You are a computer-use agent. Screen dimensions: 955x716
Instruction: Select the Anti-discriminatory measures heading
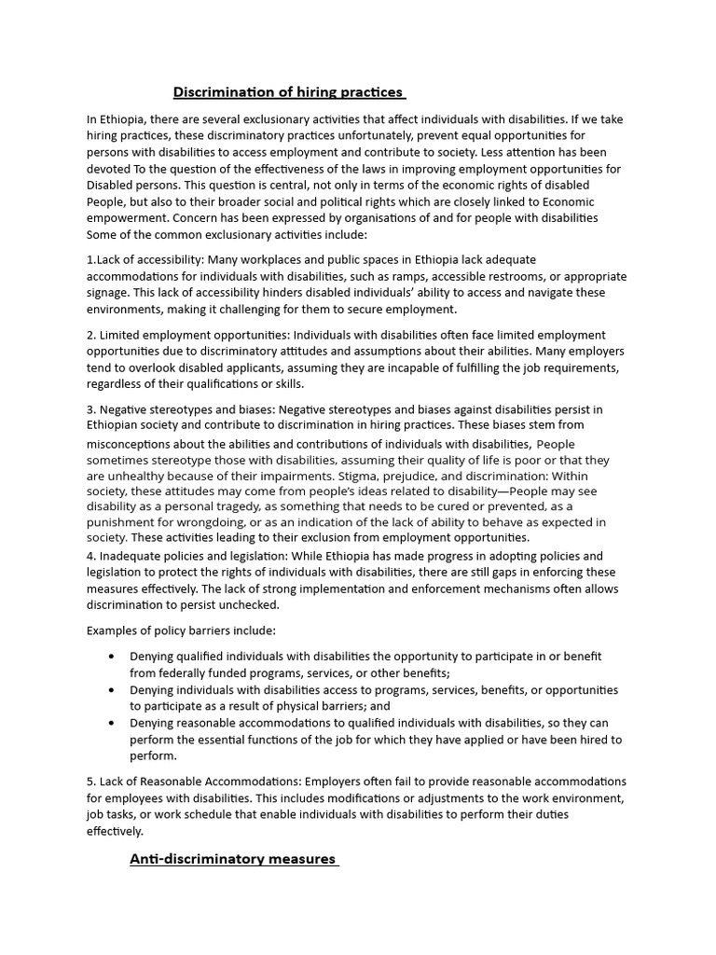coord(232,859)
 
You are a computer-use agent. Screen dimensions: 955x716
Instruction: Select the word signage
coord(109,293)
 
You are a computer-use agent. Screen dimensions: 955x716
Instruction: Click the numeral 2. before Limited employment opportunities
coord(92,335)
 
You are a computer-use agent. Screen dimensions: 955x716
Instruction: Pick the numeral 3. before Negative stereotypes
coord(92,409)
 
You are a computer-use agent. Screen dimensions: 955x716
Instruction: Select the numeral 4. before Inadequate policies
coord(92,556)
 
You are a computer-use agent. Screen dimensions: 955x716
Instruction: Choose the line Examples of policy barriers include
coord(181,630)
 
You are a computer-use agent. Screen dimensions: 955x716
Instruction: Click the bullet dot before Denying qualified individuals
coord(112,657)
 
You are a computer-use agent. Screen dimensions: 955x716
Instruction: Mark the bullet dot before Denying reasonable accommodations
coord(112,723)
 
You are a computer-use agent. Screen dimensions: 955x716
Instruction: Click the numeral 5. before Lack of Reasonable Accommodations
coord(92,781)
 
